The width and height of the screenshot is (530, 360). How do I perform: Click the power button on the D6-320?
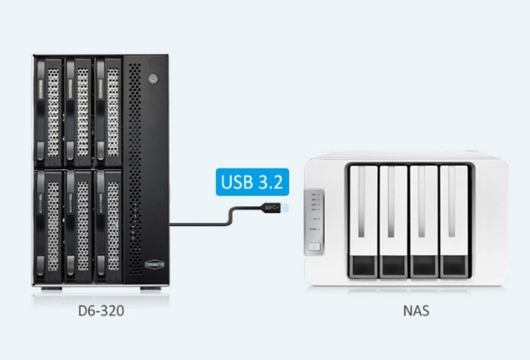point(153,78)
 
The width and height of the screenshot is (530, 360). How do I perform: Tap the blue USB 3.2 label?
point(252,182)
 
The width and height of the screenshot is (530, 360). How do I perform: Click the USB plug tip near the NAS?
point(285,208)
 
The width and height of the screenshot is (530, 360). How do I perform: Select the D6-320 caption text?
point(101,311)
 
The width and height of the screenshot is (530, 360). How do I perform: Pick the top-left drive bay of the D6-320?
point(49,112)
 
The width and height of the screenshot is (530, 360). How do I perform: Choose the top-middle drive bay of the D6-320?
point(79,112)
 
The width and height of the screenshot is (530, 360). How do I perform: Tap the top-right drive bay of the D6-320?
point(108,112)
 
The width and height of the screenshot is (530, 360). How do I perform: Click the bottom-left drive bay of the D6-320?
point(49,226)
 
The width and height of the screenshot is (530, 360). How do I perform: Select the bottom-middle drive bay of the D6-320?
point(79,226)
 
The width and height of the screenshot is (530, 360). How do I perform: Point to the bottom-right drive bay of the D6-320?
point(108,226)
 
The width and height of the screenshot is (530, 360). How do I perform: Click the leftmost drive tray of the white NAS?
point(363,221)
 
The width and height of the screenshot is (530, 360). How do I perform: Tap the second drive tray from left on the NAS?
point(394,221)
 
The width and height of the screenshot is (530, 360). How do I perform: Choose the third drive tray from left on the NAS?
point(424,221)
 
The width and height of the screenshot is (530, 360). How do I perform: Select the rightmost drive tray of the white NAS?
point(454,221)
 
